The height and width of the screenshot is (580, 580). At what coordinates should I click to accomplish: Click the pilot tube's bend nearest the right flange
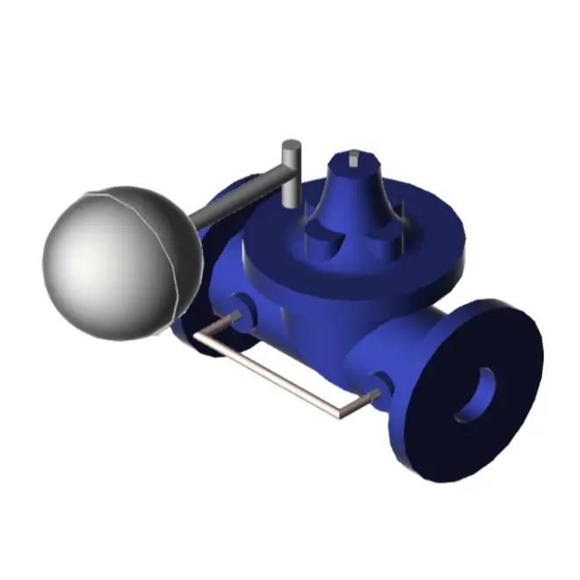point(343,410)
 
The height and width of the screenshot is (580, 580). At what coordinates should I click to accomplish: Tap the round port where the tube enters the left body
point(238,307)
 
